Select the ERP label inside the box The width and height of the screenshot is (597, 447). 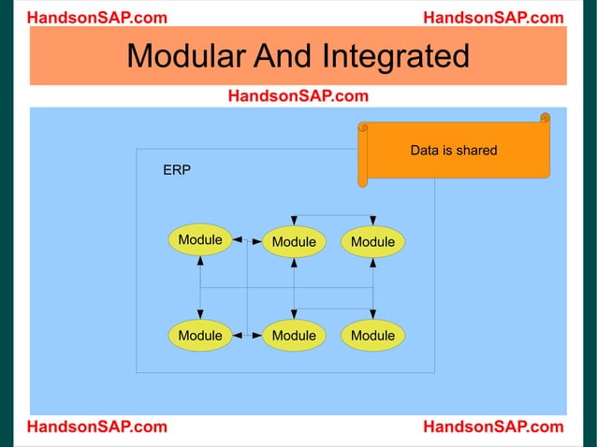(177, 172)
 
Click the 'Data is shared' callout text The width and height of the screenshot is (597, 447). (454, 151)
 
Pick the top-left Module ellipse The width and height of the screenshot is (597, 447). (200, 240)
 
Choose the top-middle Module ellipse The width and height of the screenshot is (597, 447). (294, 242)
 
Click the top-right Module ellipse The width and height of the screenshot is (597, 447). (372, 242)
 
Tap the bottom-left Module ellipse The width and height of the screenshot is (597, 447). (200, 335)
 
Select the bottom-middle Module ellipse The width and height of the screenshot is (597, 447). (294, 335)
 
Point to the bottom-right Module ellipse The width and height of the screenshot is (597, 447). (372, 335)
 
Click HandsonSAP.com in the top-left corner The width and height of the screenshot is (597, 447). (97, 18)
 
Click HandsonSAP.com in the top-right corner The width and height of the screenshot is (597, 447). (493, 18)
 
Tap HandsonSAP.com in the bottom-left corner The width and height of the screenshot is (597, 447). (97, 427)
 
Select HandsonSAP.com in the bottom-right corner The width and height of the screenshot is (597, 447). (493, 427)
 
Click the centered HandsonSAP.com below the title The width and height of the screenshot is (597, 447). (298, 95)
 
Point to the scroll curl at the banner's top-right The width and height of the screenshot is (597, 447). (545, 119)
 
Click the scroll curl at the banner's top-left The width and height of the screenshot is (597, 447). (363, 127)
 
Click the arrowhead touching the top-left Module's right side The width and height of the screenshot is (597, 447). (237, 240)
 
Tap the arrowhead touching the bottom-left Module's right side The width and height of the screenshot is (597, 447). (237, 334)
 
